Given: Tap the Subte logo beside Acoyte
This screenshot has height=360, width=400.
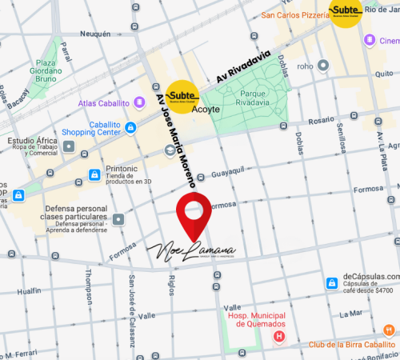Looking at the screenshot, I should click(x=182, y=96).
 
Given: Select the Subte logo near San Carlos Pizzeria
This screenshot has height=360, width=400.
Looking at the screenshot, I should click(x=346, y=12).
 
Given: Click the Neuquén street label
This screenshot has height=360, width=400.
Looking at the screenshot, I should click(x=95, y=34).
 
